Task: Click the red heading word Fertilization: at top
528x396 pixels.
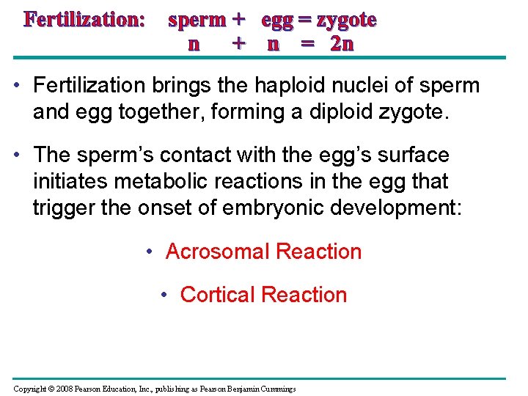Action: [84, 20]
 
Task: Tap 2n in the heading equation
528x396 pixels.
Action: [342, 44]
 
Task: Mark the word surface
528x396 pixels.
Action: [412, 155]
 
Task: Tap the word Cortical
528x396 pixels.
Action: [217, 295]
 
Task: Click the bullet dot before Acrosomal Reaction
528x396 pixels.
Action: [149, 252]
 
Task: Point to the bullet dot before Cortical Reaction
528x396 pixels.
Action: [164, 295]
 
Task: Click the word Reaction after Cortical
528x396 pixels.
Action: [304, 295]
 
